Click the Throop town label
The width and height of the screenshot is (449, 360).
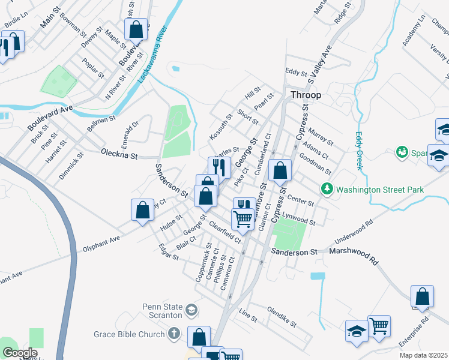[306, 95]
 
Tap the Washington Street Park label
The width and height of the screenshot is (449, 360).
[380, 190]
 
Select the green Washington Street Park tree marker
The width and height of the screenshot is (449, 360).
[327, 190]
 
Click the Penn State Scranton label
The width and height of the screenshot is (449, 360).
[162, 311]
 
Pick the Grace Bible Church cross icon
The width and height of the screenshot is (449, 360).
[174, 334]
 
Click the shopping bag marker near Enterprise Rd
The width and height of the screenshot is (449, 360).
[422, 296]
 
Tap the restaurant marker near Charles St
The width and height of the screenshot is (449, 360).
[219, 167]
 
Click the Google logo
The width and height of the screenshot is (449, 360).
[20, 353]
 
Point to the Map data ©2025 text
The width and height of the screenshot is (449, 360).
[423, 355]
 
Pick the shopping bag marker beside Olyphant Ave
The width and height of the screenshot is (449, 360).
[143, 210]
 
